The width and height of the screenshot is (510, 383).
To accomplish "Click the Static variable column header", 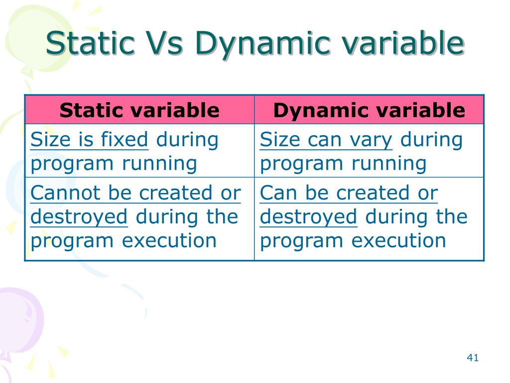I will pyautogui.click(x=139, y=110).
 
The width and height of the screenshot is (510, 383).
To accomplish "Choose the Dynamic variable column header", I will pyautogui.click(x=369, y=110).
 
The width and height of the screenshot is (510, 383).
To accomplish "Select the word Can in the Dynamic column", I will pyautogui.click(x=278, y=193).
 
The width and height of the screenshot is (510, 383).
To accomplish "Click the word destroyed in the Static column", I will pyautogui.click(x=79, y=217).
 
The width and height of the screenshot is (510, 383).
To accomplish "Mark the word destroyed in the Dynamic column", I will pyautogui.click(x=309, y=217).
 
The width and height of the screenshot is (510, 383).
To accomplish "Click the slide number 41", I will pyautogui.click(x=473, y=358).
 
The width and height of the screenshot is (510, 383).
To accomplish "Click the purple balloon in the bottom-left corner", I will pyautogui.click(x=17, y=314).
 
